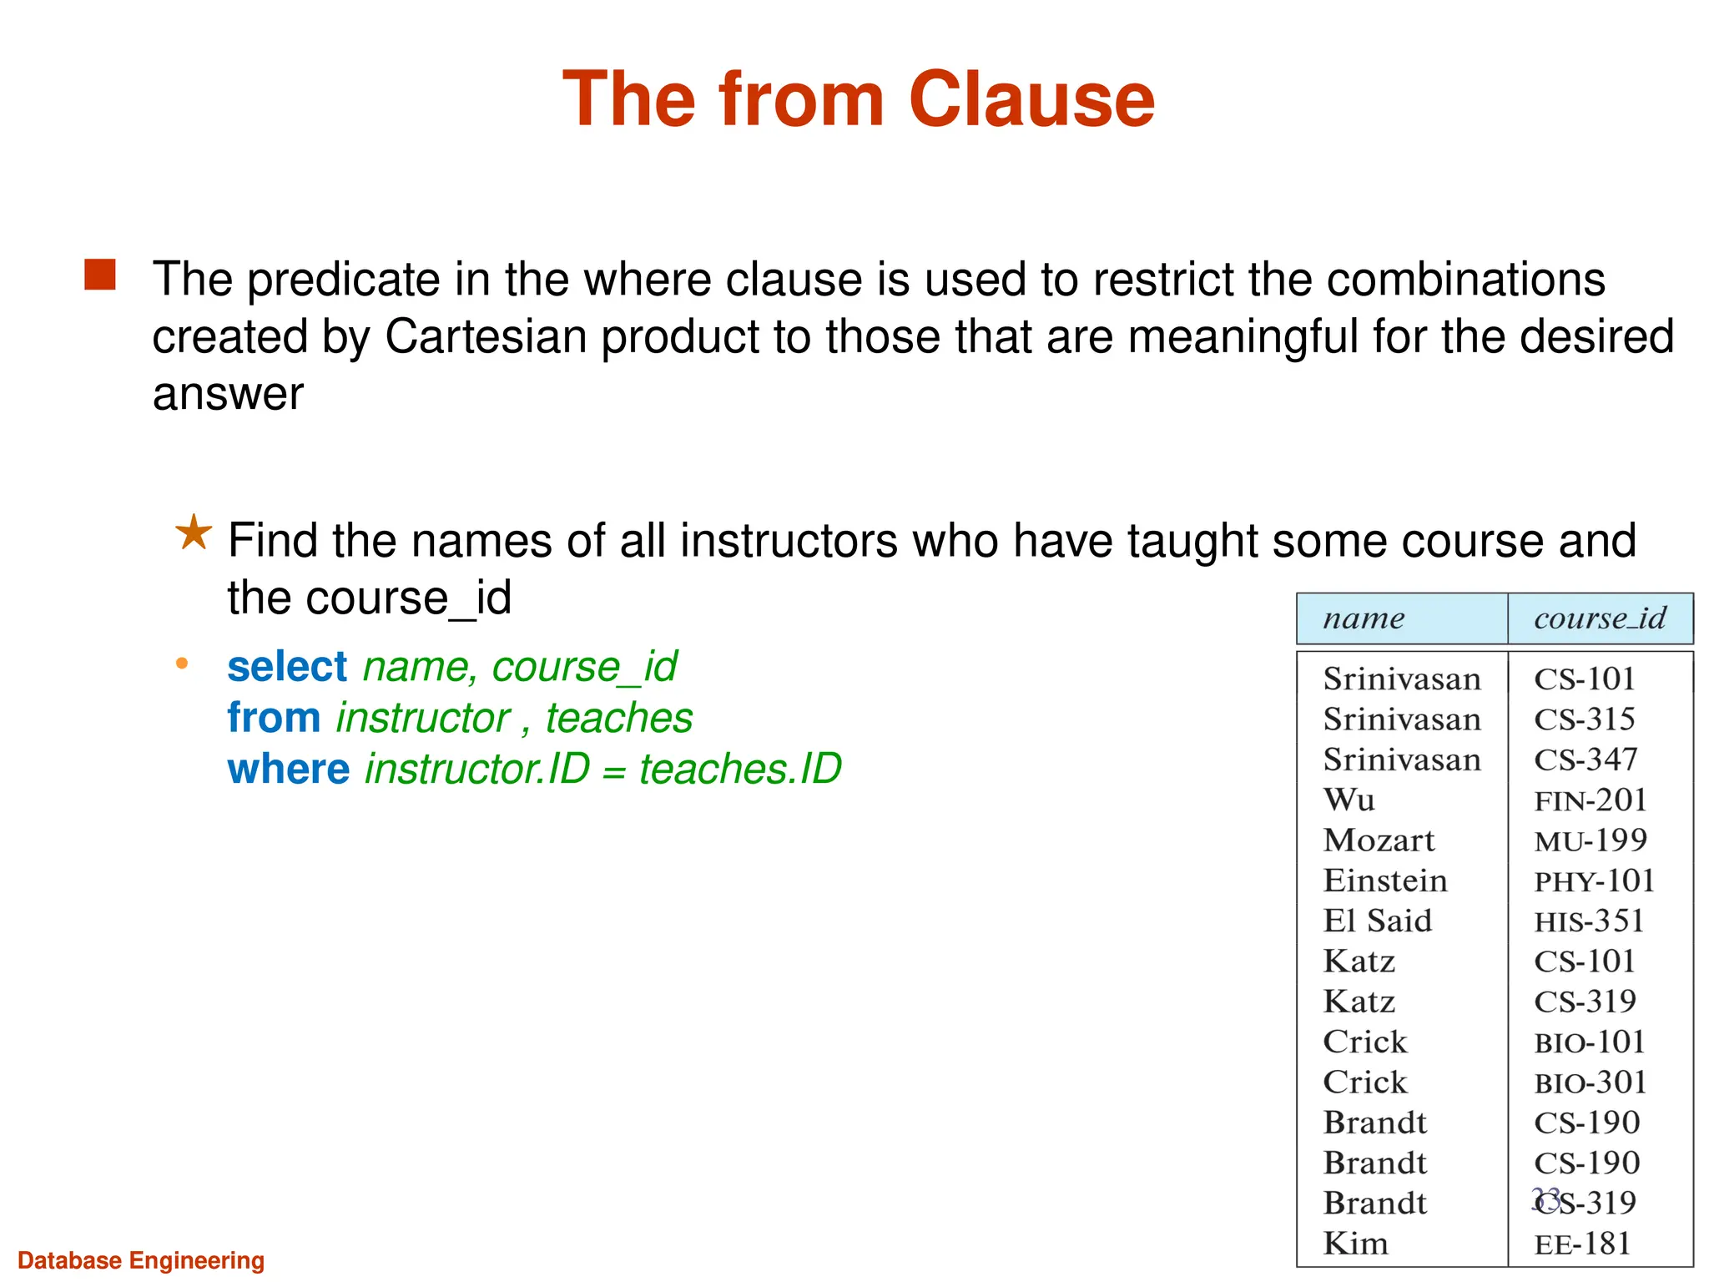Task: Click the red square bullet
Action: (x=100, y=275)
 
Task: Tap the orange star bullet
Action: (x=194, y=532)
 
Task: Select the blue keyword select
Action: (x=286, y=667)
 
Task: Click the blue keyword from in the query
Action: (x=274, y=718)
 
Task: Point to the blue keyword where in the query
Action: (x=288, y=769)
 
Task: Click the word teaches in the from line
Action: (x=619, y=718)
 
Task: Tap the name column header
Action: (x=1364, y=618)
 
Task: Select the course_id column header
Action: (x=1599, y=618)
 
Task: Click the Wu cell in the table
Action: (x=1349, y=800)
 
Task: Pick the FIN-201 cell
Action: (x=1590, y=800)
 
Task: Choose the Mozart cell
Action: (x=1379, y=840)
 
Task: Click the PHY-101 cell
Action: (x=1594, y=881)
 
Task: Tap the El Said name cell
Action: (x=1377, y=921)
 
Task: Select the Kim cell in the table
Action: (x=1355, y=1244)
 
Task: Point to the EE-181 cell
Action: (x=1582, y=1244)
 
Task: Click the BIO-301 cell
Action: (x=1590, y=1083)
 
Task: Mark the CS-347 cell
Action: (x=1585, y=760)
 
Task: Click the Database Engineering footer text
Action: (x=141, y=1260)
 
